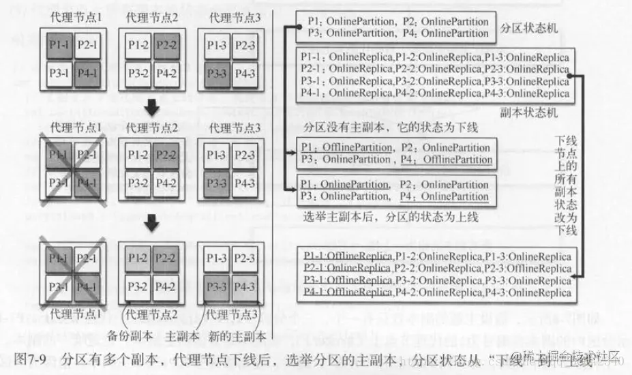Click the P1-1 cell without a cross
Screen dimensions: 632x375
[59, 46]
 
